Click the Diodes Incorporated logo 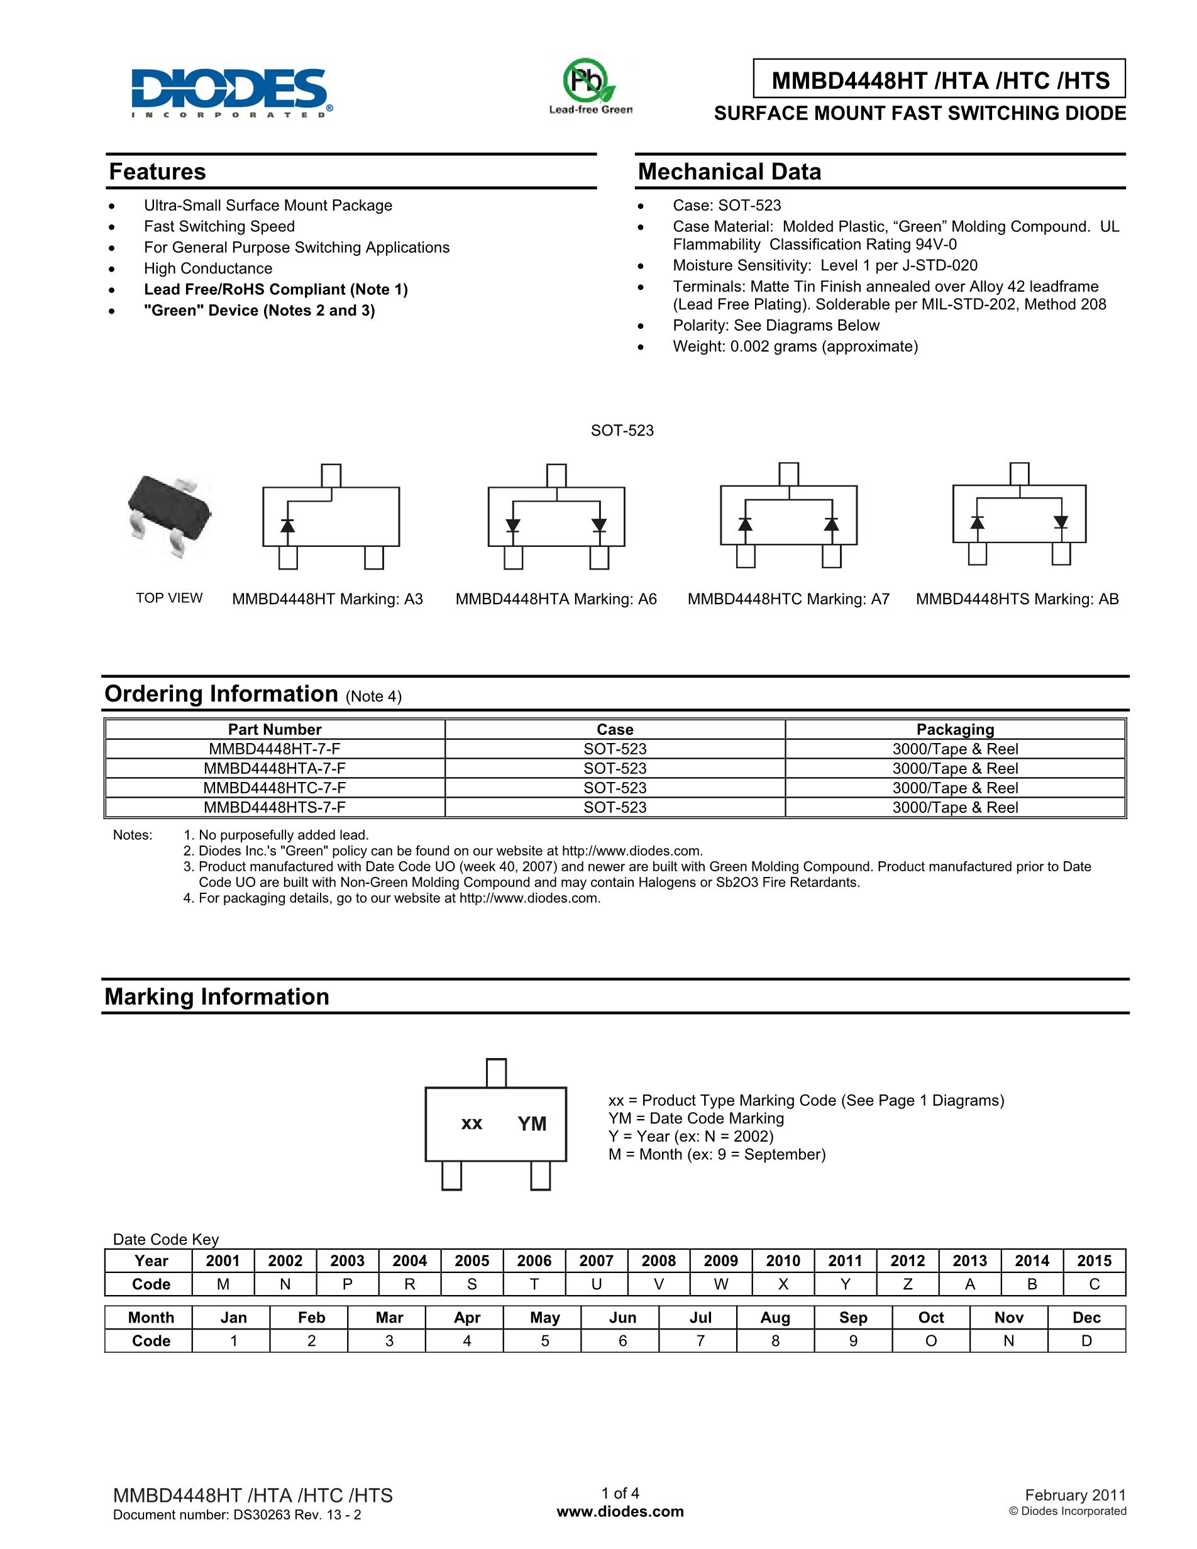point(231,92)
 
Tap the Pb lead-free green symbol point(588,84)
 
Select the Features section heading point(157,172)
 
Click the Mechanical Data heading point(729,172)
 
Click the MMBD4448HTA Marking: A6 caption point(556,599)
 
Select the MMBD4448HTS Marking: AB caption point(1017,599)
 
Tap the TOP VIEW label point(168,598)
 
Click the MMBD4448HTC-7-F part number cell point(275,788)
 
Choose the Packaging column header point(955,729)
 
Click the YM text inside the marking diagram point(532,1124)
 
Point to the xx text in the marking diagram point(472,1123)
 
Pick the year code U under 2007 point(597,1284)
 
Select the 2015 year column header point(1094,1261)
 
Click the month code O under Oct point(931,1341)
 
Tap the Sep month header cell point(853,1318)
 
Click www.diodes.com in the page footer point(621,1511)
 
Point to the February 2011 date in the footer point(1075,1495)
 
